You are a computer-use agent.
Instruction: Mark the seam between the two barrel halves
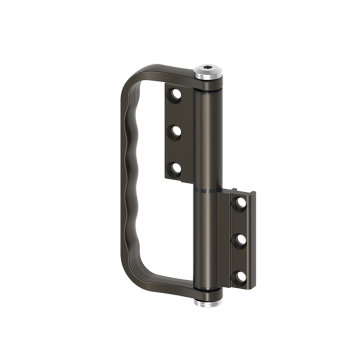coord(207,187)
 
